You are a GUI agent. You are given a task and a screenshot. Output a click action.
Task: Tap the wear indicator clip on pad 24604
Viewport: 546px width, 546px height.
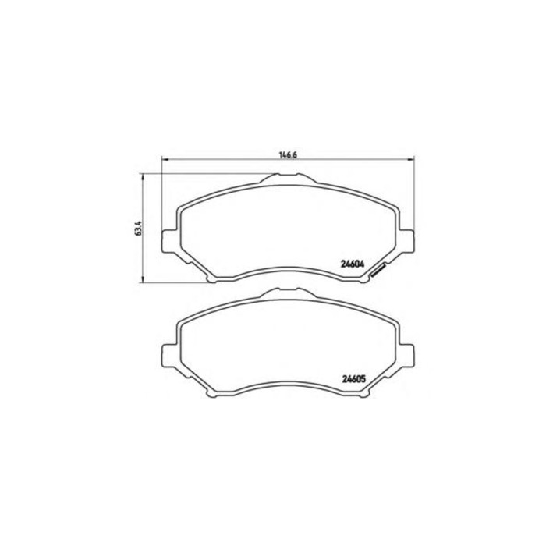click(380, 270)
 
